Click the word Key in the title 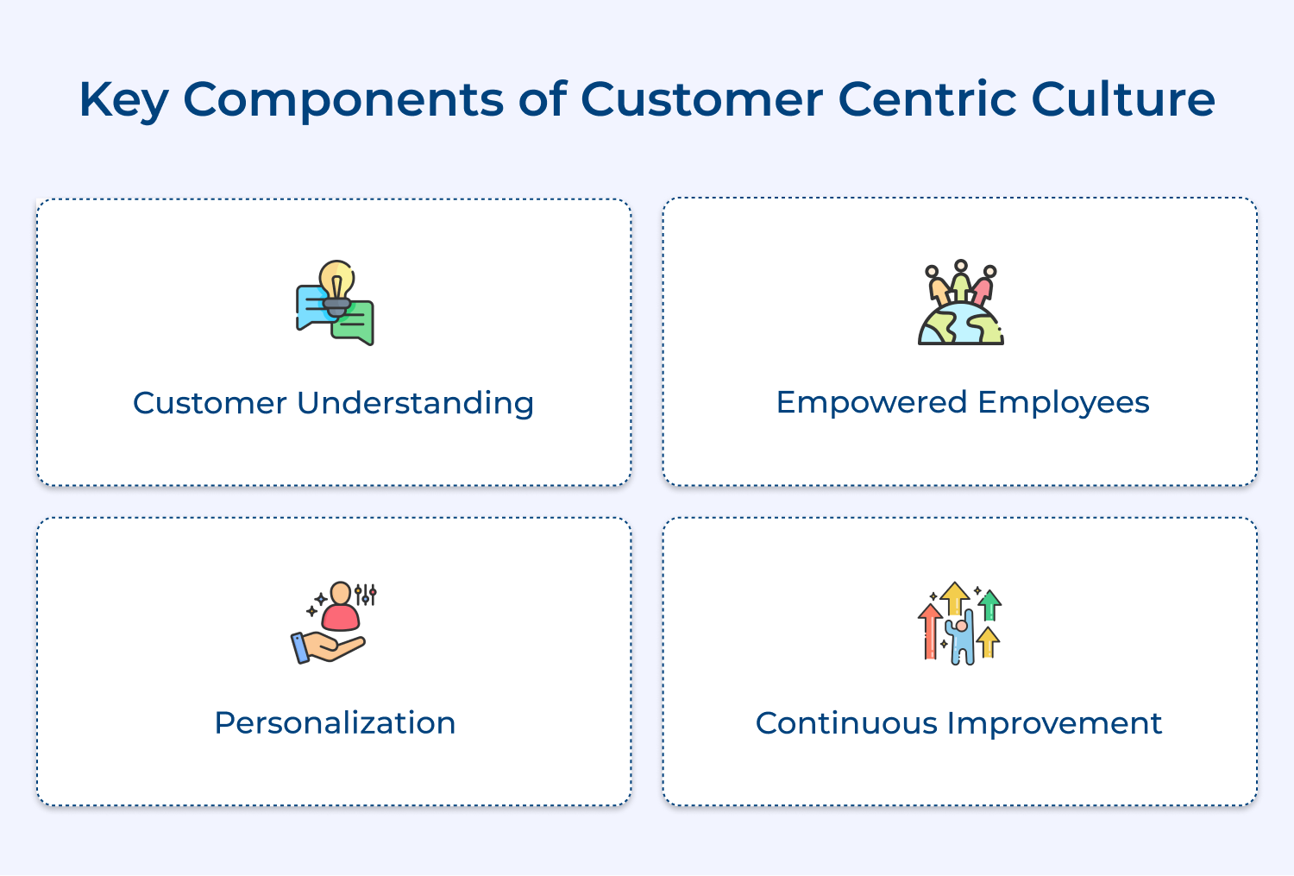[122, 100]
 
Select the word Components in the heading [343, 100]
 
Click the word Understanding [415, 404]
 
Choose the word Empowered [870, 402]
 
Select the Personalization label [335, 722]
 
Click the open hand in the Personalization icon [332, 646]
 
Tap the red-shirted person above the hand [341, 608]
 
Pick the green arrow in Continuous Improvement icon [990, 603]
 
